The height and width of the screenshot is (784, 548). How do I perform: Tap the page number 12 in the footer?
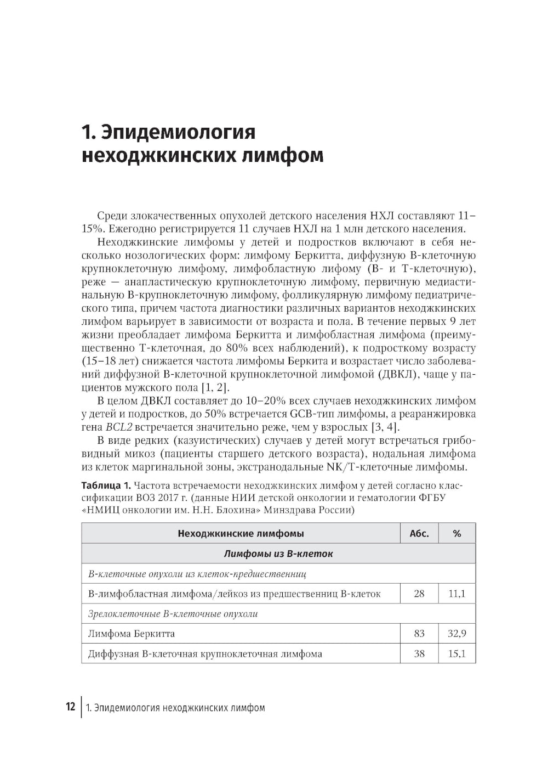point(70,707)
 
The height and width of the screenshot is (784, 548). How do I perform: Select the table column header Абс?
point(419,533)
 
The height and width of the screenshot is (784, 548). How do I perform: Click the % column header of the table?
point(456,533)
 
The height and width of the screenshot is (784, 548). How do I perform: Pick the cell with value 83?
point(419,634)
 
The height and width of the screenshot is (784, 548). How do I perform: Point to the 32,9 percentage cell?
point(456,634)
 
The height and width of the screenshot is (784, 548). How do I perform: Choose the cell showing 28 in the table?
point(419,594)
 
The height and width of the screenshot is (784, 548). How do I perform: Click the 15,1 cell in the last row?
point(456,653)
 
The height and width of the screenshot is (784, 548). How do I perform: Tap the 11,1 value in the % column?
point(456,594)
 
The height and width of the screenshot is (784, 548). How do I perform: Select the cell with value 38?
point(419,653)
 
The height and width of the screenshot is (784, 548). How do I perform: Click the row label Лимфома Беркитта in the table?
point(132,634)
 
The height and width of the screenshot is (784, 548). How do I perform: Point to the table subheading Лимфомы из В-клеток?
point(278,554)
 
